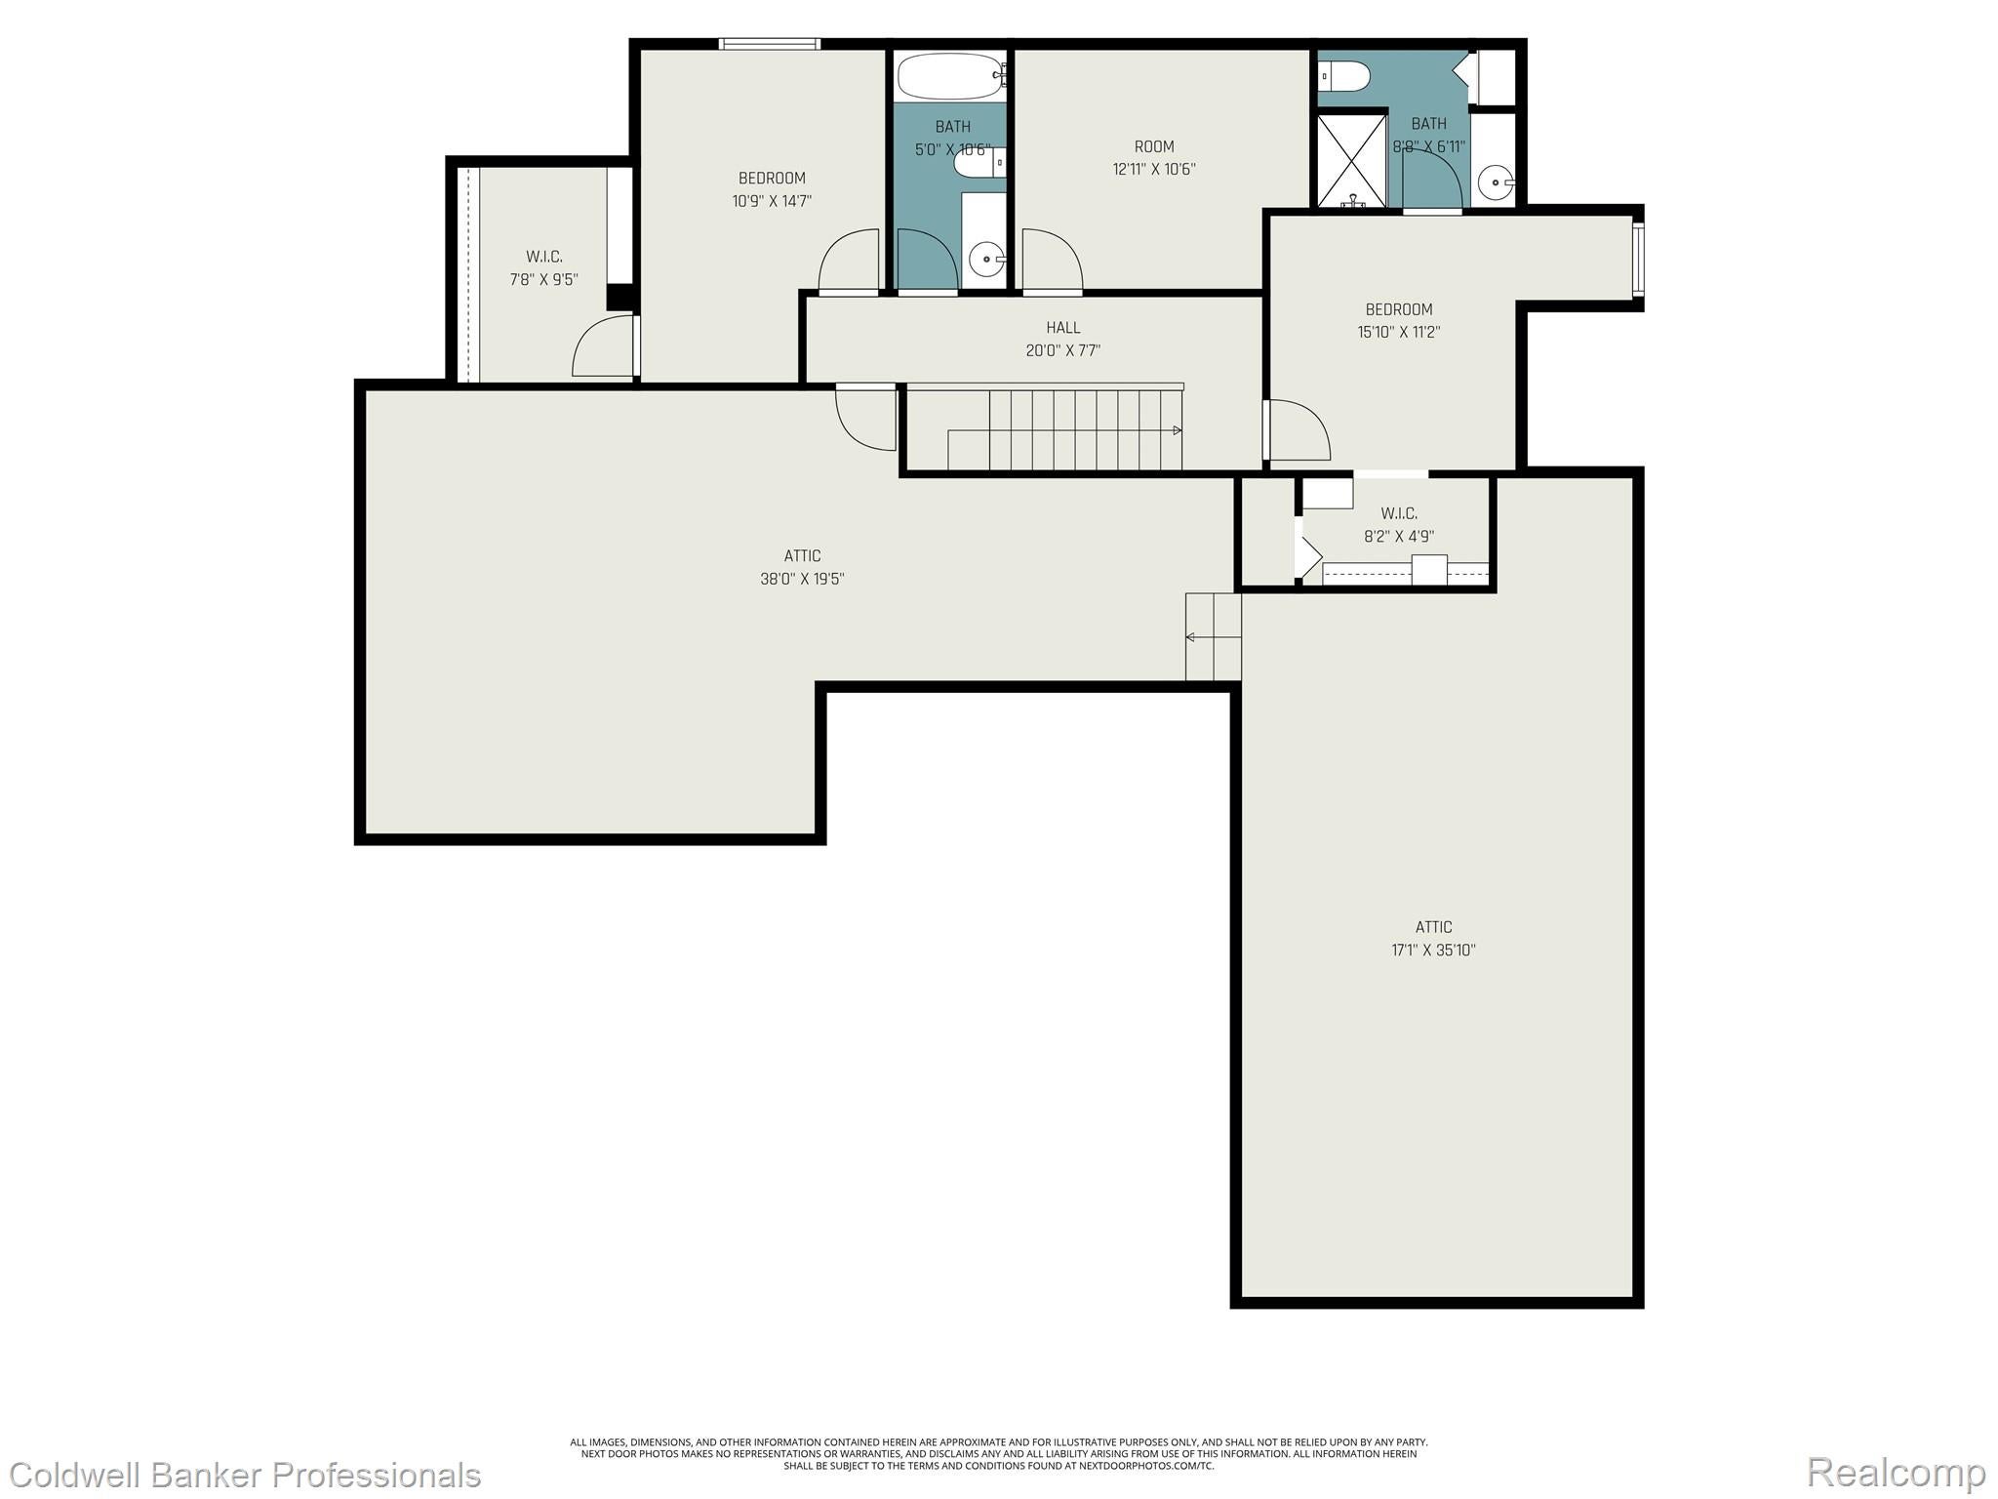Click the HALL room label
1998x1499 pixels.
(1062, 328)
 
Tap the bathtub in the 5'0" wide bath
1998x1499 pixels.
(950, 75)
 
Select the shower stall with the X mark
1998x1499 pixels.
(1351, 160)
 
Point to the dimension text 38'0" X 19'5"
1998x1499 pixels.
(802, 579)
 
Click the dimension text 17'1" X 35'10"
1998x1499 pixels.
(1433, 950)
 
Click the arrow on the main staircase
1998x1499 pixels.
(1177, 430)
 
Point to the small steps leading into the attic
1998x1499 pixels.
(1213, 637)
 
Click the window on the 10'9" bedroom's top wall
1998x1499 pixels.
(769, 44)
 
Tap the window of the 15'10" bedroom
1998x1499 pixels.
(1638, 261)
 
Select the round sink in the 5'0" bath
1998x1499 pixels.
(987, 260)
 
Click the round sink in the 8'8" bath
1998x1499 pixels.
(1495, 182)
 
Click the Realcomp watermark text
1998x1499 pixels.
(1896, 1473)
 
